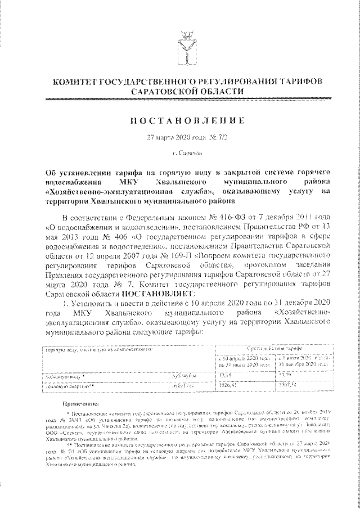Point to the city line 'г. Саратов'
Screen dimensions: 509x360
tap(187, 152)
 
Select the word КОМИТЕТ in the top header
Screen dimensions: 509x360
tap(74, 83)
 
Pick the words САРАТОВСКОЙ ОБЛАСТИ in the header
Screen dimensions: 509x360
tap(187, 92)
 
